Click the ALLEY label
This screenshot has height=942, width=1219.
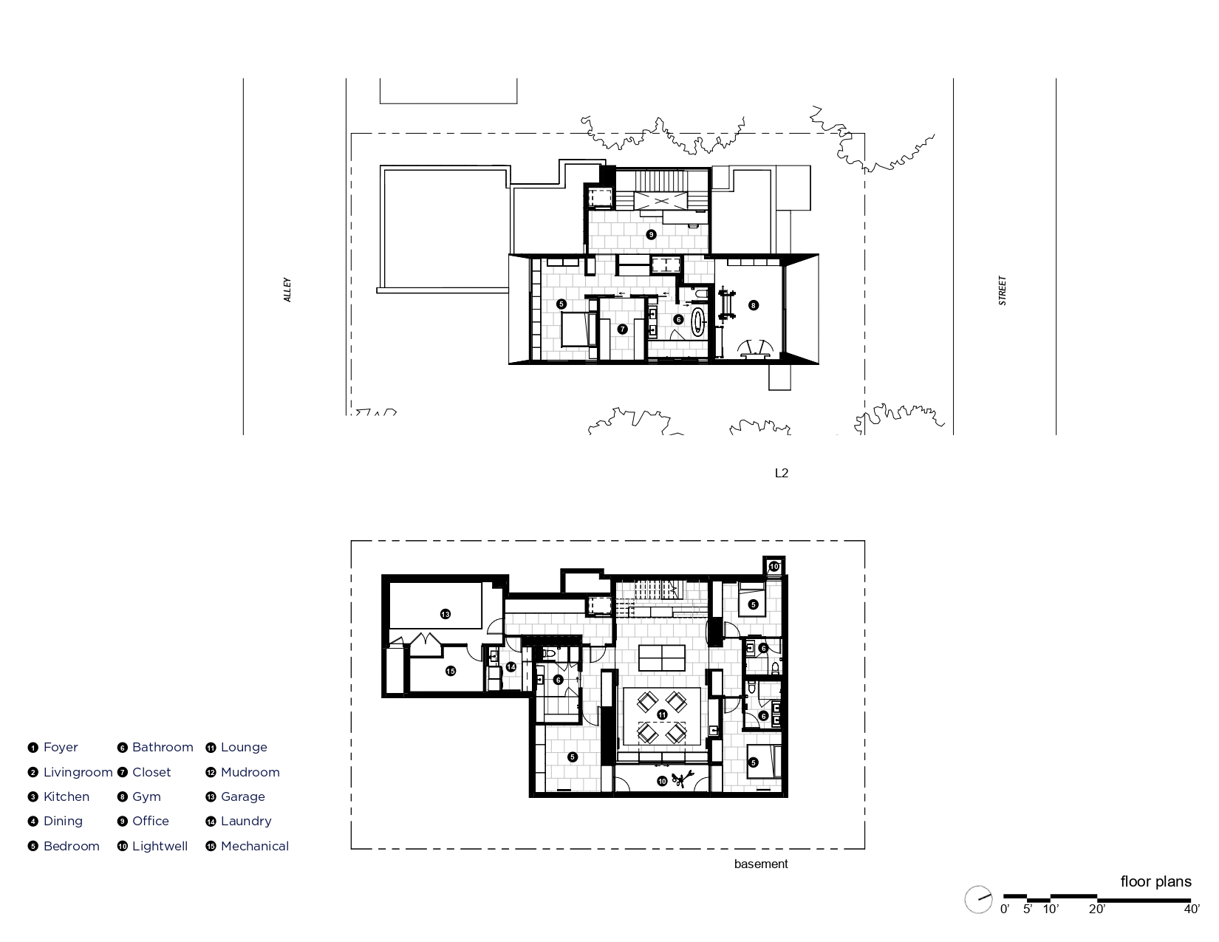[287, 290]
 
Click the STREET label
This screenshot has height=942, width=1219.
[1003, 290]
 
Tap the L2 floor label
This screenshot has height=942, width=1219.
[782, 473]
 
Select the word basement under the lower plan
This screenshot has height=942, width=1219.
[761, 864]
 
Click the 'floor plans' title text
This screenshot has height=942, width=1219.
[1155, 881]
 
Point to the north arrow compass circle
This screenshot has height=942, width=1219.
[978, 899]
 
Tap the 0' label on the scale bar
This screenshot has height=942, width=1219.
[1005, 909]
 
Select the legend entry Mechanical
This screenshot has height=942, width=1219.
[247, 846]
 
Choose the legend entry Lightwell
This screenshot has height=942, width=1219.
[153, 846]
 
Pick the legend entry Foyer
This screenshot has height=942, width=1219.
[52, 747]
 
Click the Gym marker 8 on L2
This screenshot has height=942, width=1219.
[754, 305]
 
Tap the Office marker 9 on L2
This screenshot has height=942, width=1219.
[651, 234]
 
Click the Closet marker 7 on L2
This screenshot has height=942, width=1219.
[622, 330]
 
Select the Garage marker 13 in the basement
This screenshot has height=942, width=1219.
[445, 615]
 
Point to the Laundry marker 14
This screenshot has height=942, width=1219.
[511, 667]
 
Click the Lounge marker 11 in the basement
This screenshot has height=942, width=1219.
[663, 714]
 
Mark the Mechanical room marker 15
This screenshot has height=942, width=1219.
[451, 671]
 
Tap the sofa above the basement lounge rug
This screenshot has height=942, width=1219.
[662, 658]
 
